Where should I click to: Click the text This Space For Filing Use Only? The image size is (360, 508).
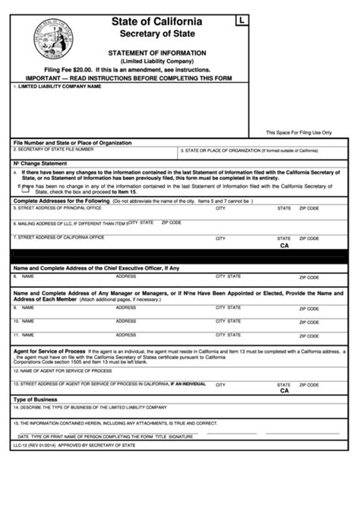(x=298, y=132)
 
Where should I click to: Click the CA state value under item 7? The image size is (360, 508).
(x=284, y=246)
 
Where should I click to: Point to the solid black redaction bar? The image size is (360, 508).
(x=179, y=256)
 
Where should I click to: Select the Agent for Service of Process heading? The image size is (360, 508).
(x=49, y=351)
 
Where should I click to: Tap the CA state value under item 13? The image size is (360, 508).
(x=284, y=391)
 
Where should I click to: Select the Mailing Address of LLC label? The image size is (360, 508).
(x=68, y=223)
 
